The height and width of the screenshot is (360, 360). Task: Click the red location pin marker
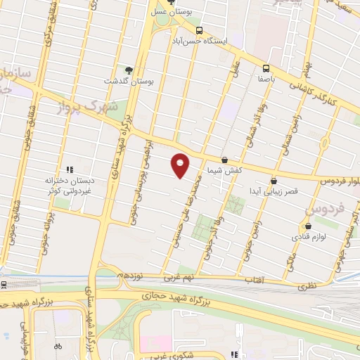181,165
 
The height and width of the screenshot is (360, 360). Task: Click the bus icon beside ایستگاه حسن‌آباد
200,30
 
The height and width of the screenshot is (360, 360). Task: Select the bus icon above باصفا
266,69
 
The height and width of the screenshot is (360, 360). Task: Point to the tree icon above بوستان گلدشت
129,70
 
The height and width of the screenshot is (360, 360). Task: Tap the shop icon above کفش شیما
224,160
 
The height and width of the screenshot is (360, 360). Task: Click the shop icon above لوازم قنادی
309,226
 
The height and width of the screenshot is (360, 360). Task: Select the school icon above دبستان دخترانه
69,169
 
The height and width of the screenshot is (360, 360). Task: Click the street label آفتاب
252,282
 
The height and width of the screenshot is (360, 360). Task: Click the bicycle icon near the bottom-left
58,346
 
